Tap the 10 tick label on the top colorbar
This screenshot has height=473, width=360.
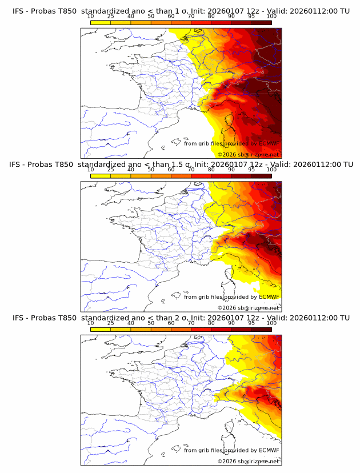coord(91,17)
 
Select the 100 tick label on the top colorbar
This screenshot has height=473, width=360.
coord(271,17)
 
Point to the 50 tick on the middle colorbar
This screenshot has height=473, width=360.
coord(151,170)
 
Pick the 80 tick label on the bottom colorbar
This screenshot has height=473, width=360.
coord(211,323)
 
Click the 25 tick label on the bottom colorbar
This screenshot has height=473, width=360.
coord(110,323)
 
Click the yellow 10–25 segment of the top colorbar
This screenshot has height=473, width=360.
coord(101,22)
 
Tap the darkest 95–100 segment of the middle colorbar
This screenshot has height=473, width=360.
coord(262,175)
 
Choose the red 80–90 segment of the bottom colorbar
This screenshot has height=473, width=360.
coord(221,328)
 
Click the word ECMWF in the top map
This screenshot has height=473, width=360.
coord(269,144)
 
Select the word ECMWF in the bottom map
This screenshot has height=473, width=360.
coord(269,450)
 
